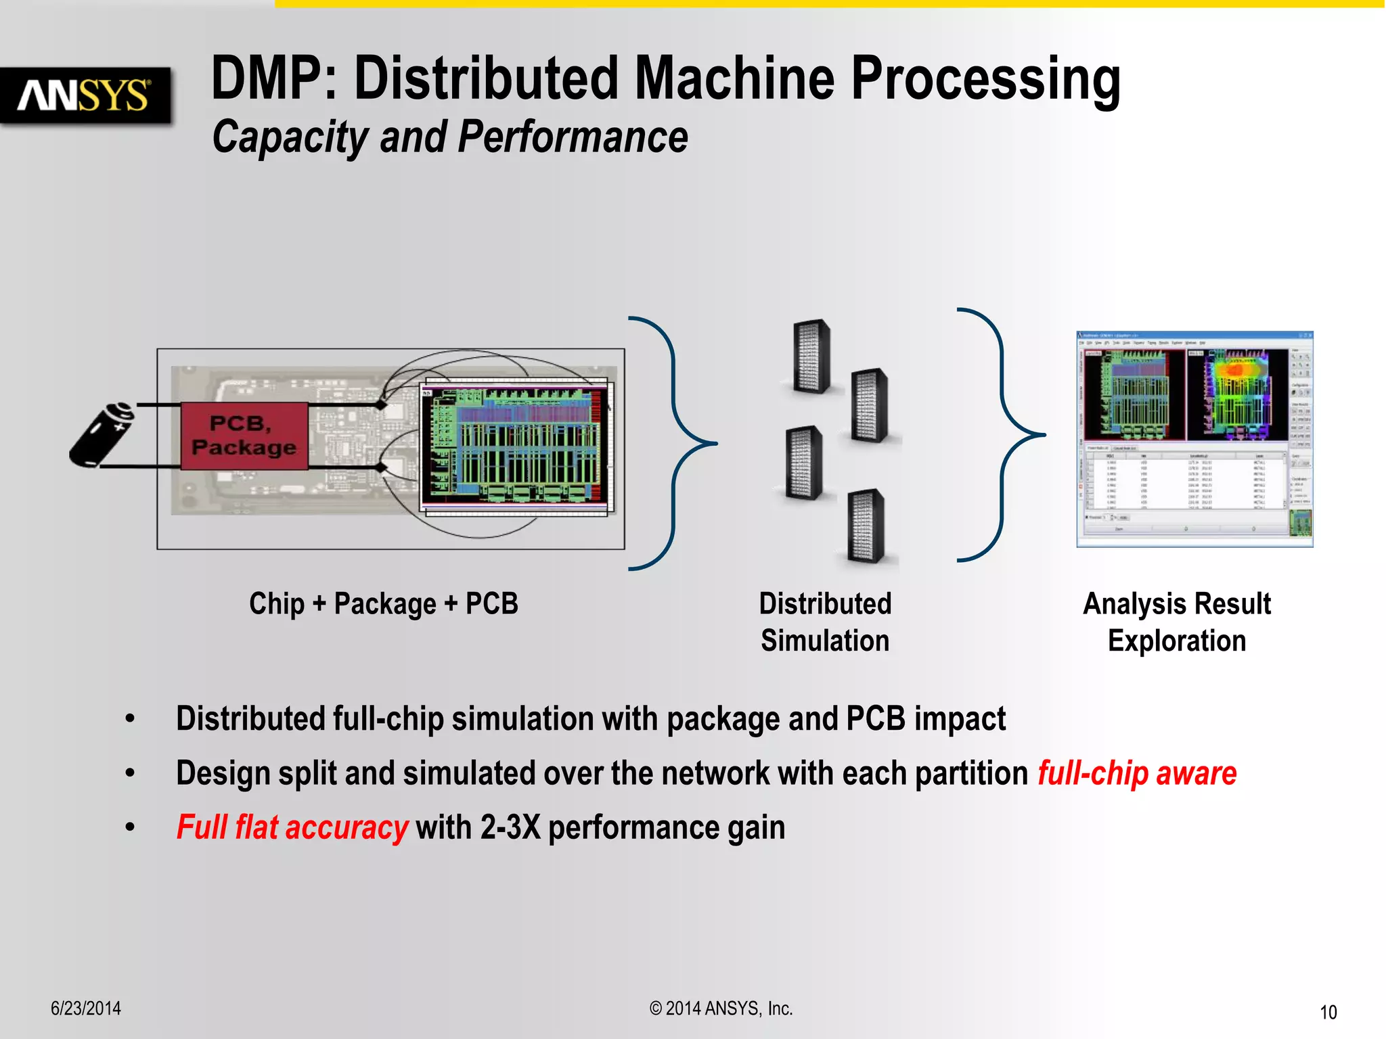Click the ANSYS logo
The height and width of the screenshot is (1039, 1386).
tap(85, 95)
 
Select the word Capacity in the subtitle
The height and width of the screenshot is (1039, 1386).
tap(290, 137)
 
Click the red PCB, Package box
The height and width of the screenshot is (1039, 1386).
tap(244, 436)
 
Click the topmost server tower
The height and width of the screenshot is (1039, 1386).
tap(811, 356)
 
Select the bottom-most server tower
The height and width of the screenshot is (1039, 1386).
tap(867, 526)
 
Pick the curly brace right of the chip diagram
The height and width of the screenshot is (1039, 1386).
tap(673, 443)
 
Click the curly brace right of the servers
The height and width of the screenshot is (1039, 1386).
tap(1002, 435)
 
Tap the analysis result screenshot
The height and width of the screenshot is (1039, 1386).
tap(1194, 439)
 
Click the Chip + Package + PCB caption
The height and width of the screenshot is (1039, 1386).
tap(384, 604)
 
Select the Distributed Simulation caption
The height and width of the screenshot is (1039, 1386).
tap(825, 622)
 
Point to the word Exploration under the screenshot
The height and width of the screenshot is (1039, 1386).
tap(1177, 641)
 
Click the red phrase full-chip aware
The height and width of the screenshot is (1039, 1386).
tap(1137, 774)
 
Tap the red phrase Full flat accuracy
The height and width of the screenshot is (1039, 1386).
tap(292, 828)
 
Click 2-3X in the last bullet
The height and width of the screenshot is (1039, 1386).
tap(510, 828)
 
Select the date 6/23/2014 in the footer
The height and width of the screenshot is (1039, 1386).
tap(86, 1009)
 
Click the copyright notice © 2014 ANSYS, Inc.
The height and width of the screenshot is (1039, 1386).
tap(721, 1009)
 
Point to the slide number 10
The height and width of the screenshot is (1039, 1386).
tap(1328, 1013)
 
